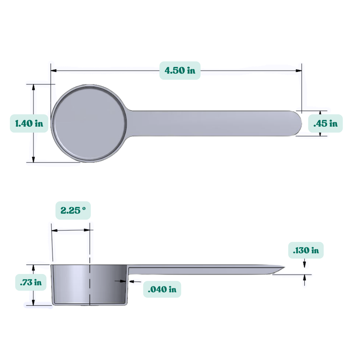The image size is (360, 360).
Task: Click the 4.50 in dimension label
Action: [180, 70]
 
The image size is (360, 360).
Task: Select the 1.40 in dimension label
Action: [29, 123]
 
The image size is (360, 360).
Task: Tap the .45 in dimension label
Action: [325, 123]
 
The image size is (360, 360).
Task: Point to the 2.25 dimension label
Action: [73, 210]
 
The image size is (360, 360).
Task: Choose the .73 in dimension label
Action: [31, 282]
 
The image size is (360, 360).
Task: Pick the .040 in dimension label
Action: [162, 289]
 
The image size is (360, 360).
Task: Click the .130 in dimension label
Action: [306, 250]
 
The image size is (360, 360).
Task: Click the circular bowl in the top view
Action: [89, 123]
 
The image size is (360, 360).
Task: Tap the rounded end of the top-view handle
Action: [297, 123]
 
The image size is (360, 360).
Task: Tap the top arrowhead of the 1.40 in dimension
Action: [34, 87]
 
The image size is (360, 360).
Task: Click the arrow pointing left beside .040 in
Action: [131, 281]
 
